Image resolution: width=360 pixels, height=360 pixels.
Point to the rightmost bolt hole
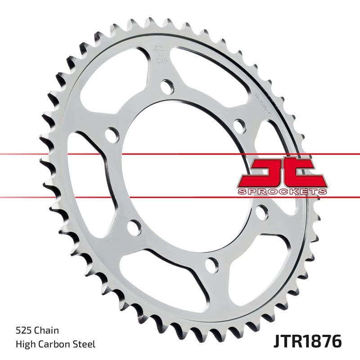pos(261,211)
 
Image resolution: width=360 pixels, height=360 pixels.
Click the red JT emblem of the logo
pos(281,173)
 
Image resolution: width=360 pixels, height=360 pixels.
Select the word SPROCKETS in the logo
pos(281,192)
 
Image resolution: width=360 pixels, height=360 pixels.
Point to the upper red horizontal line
pos(45,155)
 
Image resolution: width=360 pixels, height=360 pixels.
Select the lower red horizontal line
pos(45,197)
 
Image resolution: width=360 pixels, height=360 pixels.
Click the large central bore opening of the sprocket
pos(180,175)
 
